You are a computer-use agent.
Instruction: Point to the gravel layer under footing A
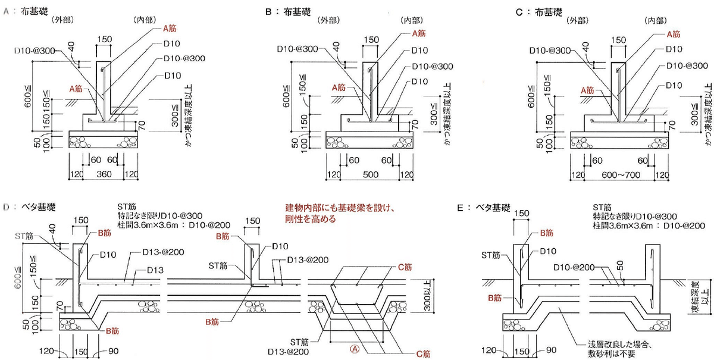104,143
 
